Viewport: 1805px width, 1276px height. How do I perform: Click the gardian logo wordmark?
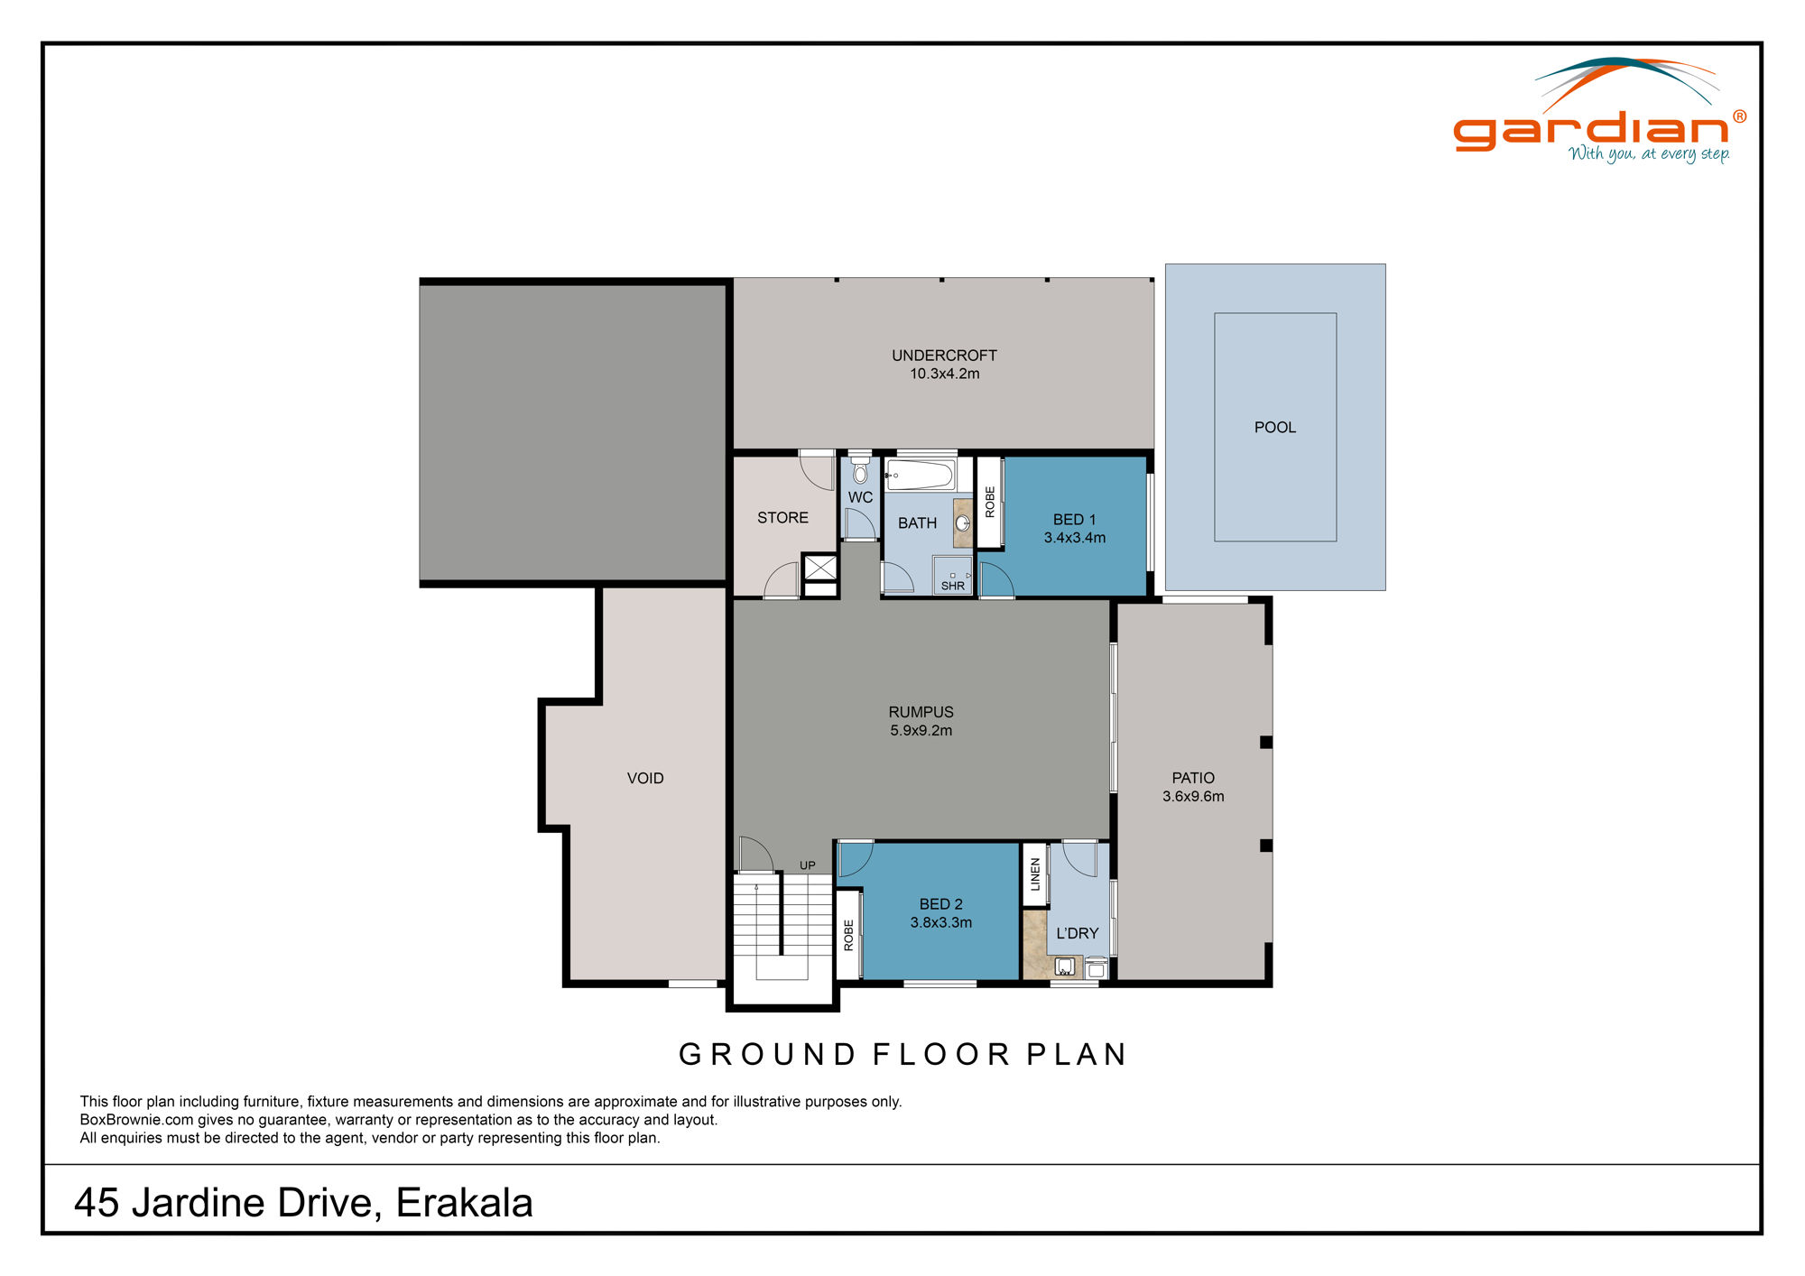(1590, 131)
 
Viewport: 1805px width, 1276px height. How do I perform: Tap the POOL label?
(1274, 428)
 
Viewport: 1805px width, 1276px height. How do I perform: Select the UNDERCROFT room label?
(944, 356)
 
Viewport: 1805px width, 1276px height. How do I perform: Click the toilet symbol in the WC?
(860, 472)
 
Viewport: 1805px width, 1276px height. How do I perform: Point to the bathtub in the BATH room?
(920, 475)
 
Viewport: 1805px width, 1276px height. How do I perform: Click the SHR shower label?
(952, 586)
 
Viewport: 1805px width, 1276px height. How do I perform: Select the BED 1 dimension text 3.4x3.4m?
(1074, 538)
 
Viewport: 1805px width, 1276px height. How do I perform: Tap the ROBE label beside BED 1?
(990, 502)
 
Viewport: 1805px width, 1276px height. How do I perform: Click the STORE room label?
(782, 518)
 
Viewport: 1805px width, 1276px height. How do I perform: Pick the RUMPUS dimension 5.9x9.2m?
(921, 731)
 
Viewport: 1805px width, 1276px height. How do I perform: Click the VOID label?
(645, 778)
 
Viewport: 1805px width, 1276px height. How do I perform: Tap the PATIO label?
(1193, 778)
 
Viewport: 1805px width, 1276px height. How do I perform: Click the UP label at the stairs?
(807, 865)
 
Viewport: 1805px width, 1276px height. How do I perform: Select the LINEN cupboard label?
(1035, 874)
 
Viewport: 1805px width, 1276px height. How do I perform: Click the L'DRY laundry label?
(1078, 933)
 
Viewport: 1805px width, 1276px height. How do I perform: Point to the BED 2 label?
(940, 904)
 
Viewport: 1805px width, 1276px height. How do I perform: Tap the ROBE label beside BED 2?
(848, 935)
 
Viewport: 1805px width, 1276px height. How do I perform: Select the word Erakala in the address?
(464, 1203)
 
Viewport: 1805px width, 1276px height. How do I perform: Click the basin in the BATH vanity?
(963, 523)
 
